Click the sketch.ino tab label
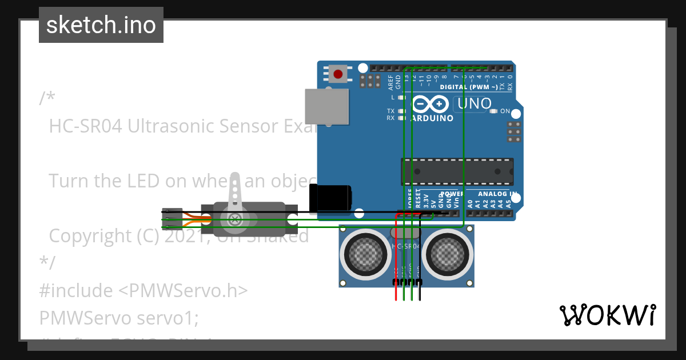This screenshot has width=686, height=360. point(101,25)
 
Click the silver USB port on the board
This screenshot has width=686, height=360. point(326,106)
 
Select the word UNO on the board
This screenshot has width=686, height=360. point(474,103)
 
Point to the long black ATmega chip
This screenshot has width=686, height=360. point(457,171)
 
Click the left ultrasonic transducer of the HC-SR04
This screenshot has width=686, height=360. point(364,253)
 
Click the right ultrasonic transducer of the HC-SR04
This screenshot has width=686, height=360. point(450,253)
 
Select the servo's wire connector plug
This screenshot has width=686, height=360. point(171,219)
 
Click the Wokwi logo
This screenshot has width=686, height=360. point(607,315)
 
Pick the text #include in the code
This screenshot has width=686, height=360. point(76,290)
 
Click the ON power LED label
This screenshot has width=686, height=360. point(505,111)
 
